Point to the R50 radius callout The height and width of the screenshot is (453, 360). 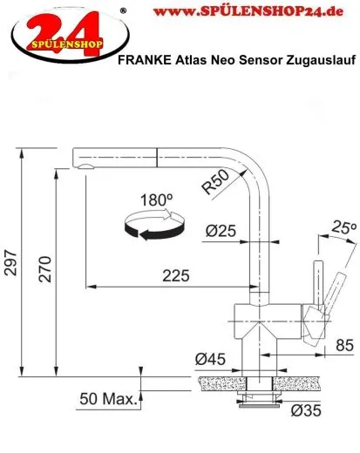pos(216,184)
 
